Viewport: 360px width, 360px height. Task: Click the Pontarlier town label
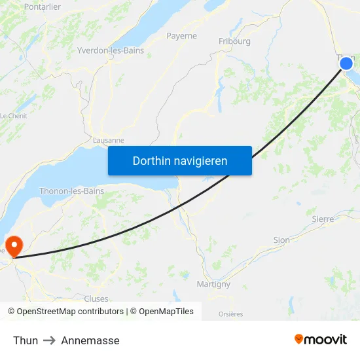42,7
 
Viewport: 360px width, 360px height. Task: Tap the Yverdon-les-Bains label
111,50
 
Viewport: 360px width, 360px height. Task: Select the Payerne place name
181,36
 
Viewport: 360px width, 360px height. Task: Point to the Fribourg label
234,41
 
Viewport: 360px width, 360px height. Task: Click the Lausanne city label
109,140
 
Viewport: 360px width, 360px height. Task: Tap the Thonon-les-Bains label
71,191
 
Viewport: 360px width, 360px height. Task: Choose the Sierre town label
323,219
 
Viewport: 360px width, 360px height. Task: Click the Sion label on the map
281,240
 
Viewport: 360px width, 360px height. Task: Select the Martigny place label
213,284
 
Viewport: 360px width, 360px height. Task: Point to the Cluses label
96,298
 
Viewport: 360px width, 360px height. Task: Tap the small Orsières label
230,314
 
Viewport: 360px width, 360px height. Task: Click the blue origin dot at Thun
346,63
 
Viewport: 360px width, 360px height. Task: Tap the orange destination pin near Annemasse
14,245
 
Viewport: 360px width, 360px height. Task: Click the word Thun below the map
26,340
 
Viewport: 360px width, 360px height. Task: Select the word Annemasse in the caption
90,340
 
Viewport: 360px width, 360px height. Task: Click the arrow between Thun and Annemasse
50,340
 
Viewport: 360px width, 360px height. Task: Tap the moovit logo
321,339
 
